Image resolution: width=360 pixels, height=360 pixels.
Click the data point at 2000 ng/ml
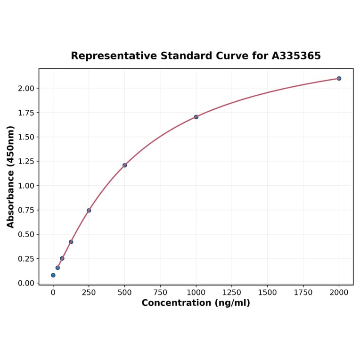[339, 78]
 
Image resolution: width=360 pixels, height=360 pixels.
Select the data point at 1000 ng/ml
[196, 117]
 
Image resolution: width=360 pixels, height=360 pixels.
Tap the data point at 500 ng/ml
[124, 165]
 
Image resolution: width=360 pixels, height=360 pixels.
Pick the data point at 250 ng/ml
[89, 210]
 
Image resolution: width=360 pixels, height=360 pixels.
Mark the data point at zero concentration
[53, 275]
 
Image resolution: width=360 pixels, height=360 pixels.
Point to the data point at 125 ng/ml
[71, 242]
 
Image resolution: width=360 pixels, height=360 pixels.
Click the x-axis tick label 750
[160, 293]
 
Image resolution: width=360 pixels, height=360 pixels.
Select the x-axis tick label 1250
[232, 293]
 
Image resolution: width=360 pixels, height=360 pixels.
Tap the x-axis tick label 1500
[268, 293]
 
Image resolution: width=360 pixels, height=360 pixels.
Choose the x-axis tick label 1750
[303, 293]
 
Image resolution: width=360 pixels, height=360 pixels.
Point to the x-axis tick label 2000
[339, 293]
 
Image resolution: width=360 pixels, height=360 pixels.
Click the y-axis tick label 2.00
[26, 89]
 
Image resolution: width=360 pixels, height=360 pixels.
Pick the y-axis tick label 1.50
[26, 137]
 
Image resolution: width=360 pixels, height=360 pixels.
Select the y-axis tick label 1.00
[26, 186]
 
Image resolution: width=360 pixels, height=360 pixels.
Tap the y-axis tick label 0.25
[26, 259]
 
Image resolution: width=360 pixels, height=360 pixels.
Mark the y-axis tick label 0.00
[26, 283]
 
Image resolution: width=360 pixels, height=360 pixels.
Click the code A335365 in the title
[296, 56]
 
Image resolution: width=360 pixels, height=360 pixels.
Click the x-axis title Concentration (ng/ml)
[196, 303]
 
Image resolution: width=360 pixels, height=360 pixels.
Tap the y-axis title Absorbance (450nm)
[11, 177]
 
